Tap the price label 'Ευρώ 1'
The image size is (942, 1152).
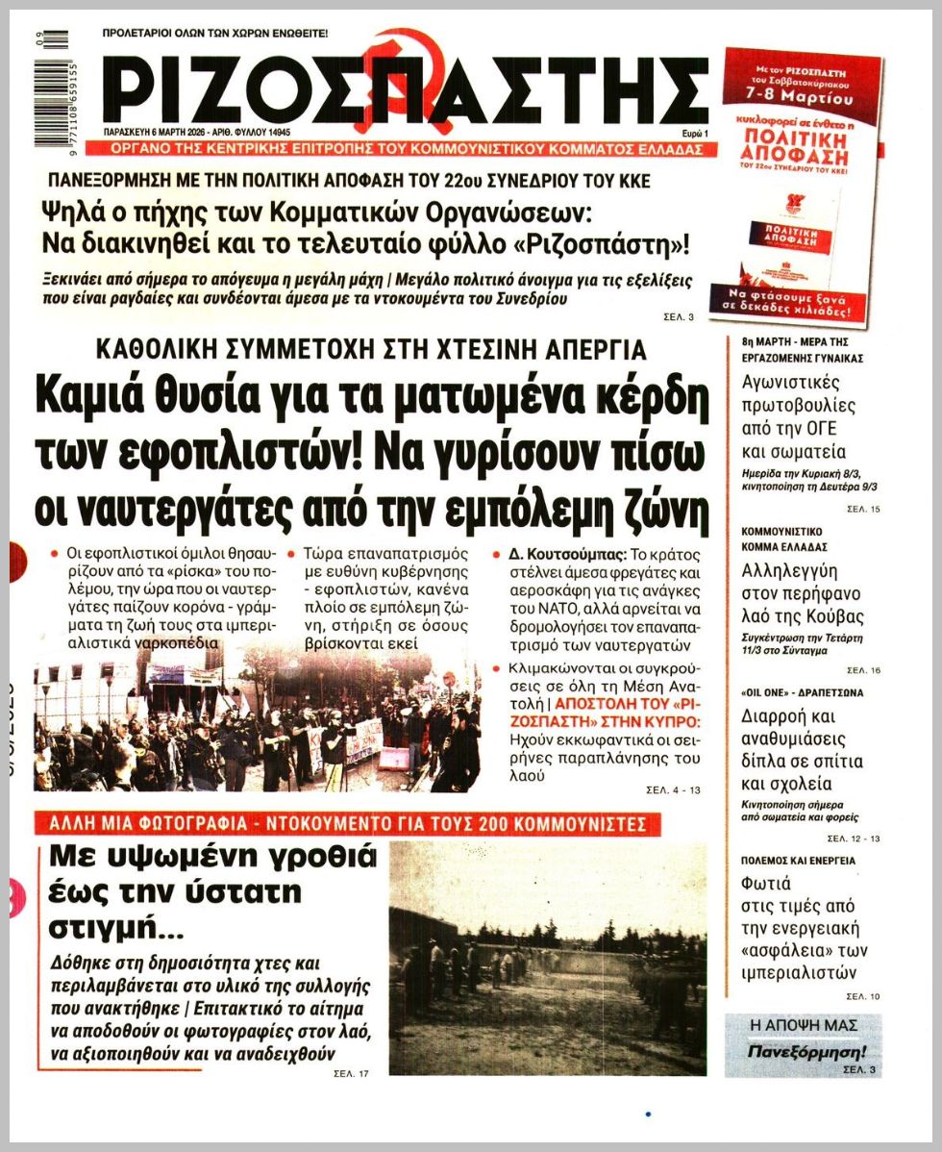(693, 133)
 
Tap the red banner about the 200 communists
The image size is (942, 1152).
(347, 824)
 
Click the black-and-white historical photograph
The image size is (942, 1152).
(547, 957)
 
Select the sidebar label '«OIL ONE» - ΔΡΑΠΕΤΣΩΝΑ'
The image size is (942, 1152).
(788, 692)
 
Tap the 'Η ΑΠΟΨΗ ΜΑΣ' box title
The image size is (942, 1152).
(803, 1025)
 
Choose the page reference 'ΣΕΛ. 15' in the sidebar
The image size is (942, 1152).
(862, 508)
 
